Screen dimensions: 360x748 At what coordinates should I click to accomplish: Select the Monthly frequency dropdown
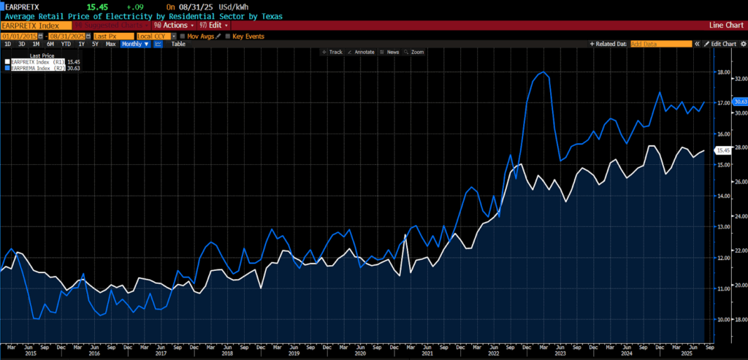pyautogui.click(x=135, y=44)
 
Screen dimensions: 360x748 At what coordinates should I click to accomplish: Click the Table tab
pyautogui.click(x=178, y=44)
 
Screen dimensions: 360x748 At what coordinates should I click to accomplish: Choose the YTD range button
pyautogui.click(x=66, y=44)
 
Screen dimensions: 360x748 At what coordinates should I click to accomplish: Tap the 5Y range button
pyautogui.click(x=94, y=44)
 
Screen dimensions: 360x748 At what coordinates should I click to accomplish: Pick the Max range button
pyautogui.click(x=110, y=44)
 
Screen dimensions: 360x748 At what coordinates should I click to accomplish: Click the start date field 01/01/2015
pyautogui.click(x=20, y=36)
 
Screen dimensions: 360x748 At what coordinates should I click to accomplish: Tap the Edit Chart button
pyautogui.click(x=722, y=44)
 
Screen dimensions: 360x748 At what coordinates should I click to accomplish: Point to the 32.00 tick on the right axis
pyautogui.click(x=739, y=78)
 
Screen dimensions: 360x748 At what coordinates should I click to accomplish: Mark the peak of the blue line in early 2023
pyautogui.click(x=543, y=72)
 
